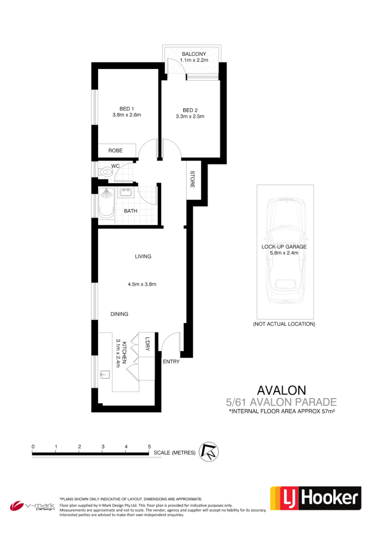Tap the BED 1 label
(126, 109)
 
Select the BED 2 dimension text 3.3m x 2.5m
(190, 116)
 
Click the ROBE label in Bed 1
(116, 150)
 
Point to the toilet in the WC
(105, 172)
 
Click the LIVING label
(143, 256)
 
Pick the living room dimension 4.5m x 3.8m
(142, 284)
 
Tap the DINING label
(119, 314)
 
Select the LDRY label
(147, 345)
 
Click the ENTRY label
(171, 361)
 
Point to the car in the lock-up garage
(285, 252)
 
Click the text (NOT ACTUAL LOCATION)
(284, 324)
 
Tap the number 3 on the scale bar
(103, 446)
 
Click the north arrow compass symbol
(208, 451)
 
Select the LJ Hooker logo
(316, 499)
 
